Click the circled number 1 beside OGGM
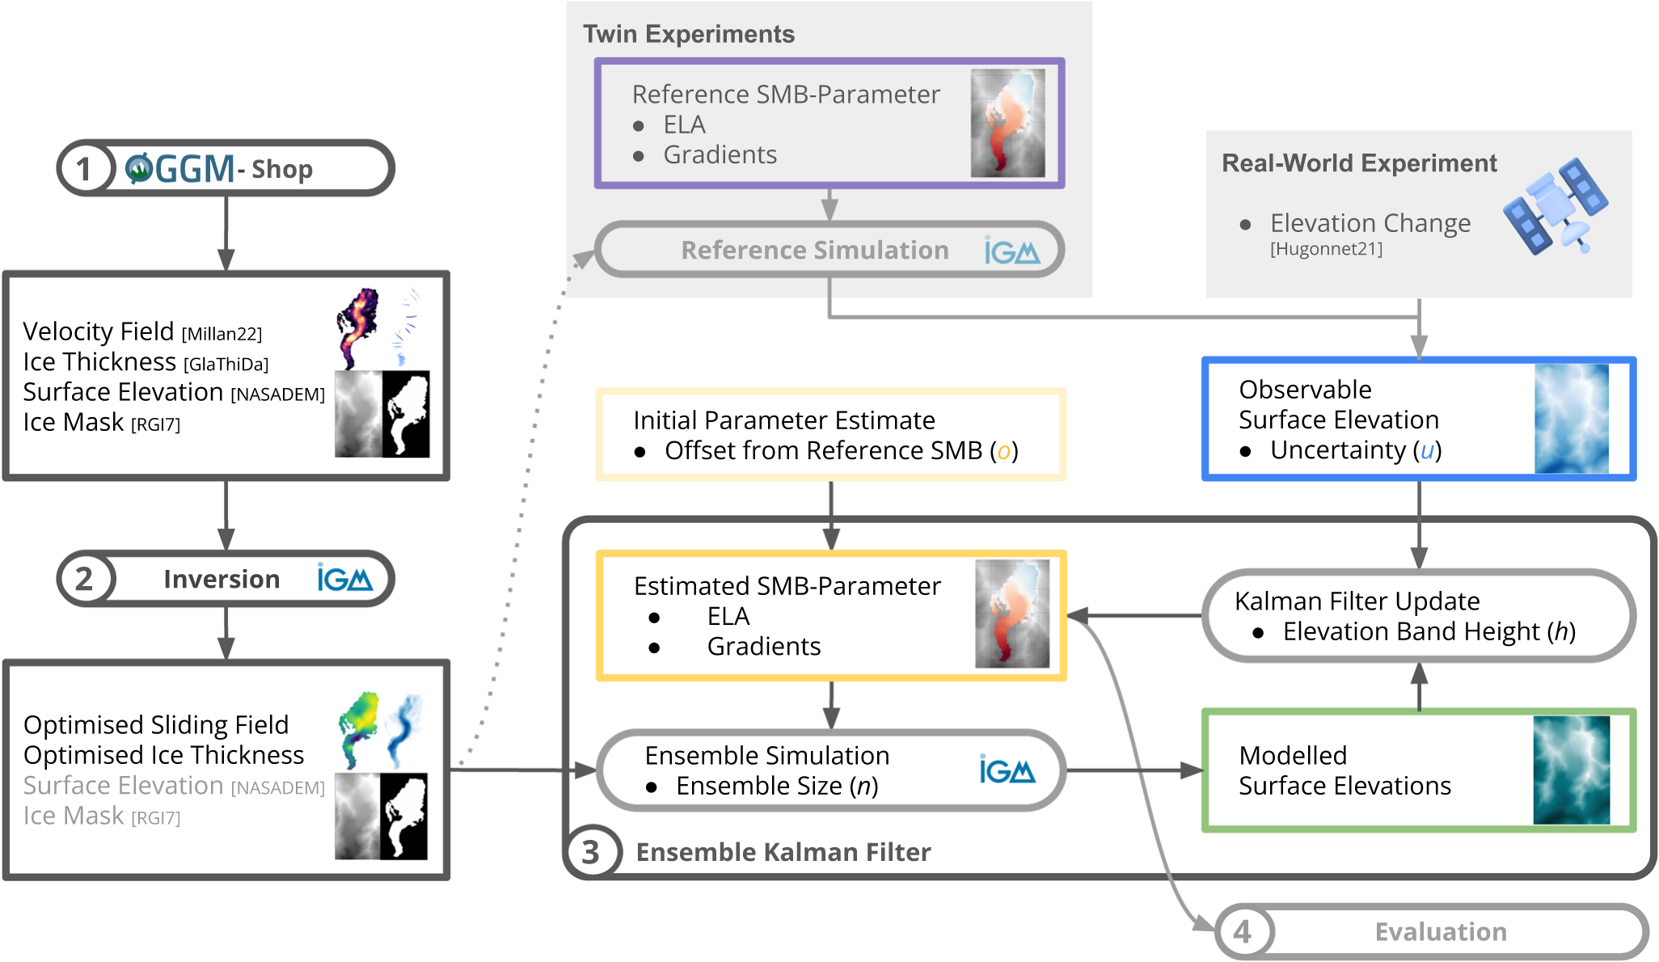click(x=83, y=169)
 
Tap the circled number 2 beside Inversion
click(x=84, y=579)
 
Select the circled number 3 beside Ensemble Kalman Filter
click(x=591, y=852)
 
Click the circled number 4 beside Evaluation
click(x=1243, y=931)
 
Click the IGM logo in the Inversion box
click(x=344, y=578)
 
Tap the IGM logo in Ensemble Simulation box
click(x=1007, y=770)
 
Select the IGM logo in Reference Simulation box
click(x=1011, y=251)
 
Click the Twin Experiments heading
click(x=689, y=34)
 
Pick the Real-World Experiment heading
click(x=1359, y=163)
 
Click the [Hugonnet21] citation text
click(x=1326, y=249)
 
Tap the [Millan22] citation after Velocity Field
click(x=222, y=334)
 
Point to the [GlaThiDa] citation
click(x=226, y=365)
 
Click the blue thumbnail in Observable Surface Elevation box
click(x=1571, y=419)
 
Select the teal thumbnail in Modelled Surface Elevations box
click(x=1571, y=770)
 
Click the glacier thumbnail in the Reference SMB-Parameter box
click(x=1007, y=123)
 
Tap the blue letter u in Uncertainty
click(x=1427, y=450)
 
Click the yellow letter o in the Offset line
click(x=1003, y=451)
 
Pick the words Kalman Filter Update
click(x=1357, y=601)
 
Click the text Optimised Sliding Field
click(x=156, y=725)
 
